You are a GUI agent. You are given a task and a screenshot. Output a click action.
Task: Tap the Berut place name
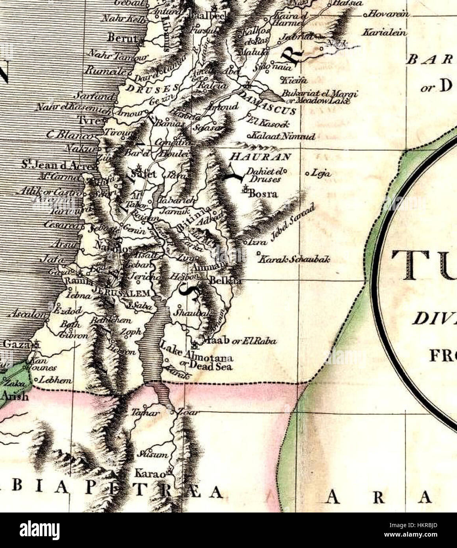122,38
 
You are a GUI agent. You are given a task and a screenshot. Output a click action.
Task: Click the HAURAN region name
260,157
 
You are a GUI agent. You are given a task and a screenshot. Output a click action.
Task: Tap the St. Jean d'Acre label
58,165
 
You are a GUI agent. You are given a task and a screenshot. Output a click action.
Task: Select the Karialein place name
384,32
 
